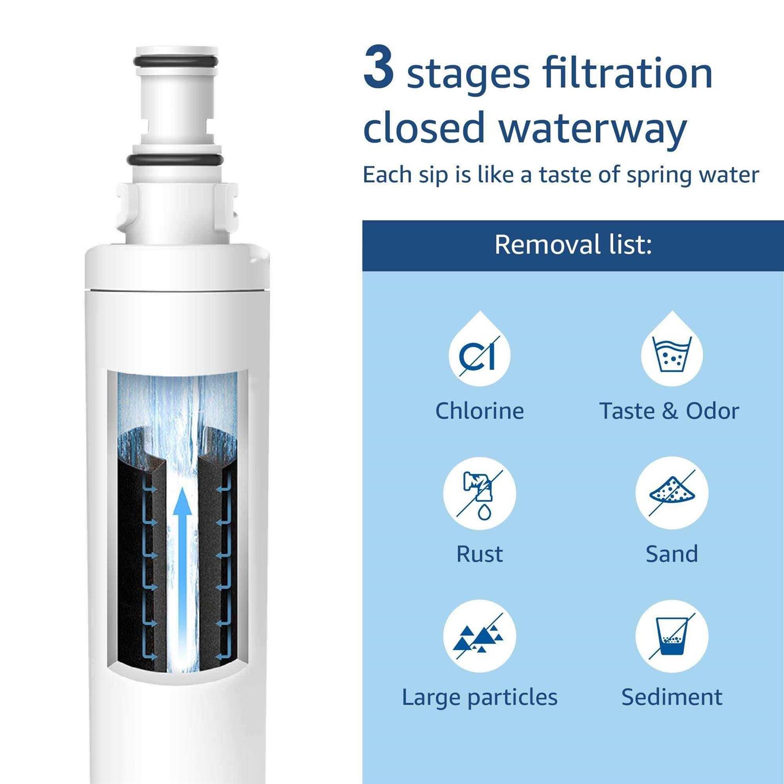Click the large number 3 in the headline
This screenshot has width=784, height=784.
coord(378,66)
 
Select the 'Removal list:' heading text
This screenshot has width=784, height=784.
coord(573,245)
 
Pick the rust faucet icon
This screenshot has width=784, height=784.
coord(480,493)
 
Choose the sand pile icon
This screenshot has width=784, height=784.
coord(672,493)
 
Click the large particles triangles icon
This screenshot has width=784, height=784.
coord(480,636)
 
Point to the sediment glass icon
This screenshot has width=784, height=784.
coord(672,636)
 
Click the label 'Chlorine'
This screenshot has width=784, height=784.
coord(480,411)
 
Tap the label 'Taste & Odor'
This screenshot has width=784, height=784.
coord(669,411)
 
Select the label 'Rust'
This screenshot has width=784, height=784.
coord(480,554)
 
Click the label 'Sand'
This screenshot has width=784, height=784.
coord(672,554)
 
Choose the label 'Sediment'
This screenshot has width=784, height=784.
coord(672,697)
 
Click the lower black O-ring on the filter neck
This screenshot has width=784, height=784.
coord(175,160)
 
